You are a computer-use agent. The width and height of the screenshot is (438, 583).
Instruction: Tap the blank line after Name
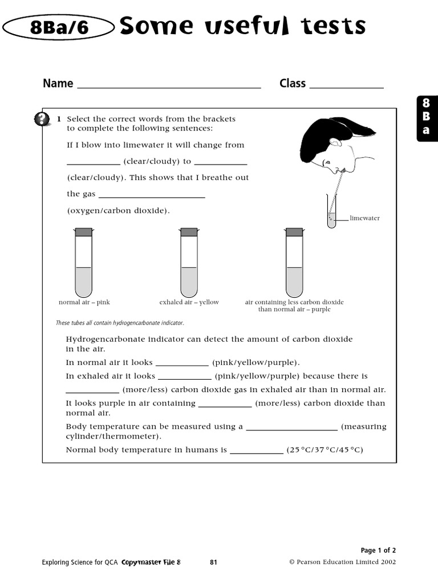pos(168,87)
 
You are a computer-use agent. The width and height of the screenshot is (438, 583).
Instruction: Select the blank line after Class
pos(346,87)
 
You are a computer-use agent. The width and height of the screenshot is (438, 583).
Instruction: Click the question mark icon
pos(42,119)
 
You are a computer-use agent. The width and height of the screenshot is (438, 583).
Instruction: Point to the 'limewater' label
pos(364,218)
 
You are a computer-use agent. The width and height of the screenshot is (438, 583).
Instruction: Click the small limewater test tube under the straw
pos(331,214)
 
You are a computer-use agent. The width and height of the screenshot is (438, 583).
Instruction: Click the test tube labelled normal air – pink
pos(83,265)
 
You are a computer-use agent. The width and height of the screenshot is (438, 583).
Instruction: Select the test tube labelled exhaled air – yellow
pos(189,265)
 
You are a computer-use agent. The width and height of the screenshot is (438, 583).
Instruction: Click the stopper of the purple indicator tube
pos(294,232)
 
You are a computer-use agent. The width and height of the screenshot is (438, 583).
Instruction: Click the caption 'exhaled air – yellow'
pos(189,302)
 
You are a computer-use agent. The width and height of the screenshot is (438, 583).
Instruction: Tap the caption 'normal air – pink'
pos(84,302)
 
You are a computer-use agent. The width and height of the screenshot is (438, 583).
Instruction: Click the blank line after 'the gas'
pos(151,196)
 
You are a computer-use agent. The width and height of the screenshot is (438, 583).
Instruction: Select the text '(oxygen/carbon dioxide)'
pos(119,211)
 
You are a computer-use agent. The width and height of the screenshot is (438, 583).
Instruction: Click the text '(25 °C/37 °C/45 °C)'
pos(325,450)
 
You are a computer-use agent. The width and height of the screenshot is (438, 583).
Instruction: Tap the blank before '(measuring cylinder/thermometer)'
pos(291,429)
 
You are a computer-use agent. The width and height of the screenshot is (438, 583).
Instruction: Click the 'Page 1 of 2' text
pos(378,550)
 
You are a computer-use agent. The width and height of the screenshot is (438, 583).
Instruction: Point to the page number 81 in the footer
pos(214,563)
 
